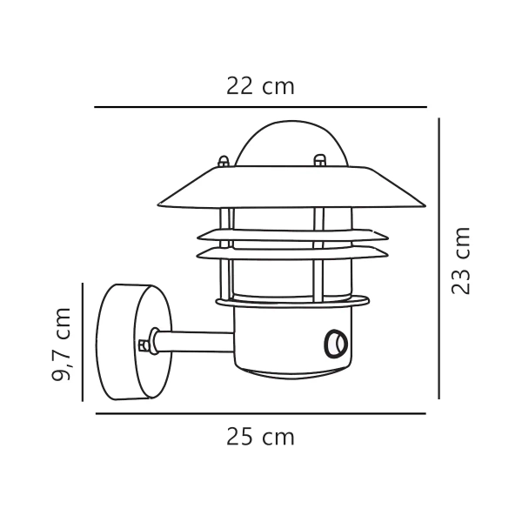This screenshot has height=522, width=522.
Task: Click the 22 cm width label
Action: [260, 87]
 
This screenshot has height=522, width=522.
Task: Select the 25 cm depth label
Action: [260, 437]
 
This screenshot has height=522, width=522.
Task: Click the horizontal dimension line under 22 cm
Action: [260, 107]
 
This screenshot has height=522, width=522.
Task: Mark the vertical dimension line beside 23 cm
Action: [440, 261]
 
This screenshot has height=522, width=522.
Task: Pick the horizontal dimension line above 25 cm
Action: [260, 413]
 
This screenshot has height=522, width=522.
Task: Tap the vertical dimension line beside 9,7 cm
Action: [82, 342]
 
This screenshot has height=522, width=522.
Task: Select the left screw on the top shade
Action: [224, 162]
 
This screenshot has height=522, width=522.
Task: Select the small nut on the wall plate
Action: [143, 344]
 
